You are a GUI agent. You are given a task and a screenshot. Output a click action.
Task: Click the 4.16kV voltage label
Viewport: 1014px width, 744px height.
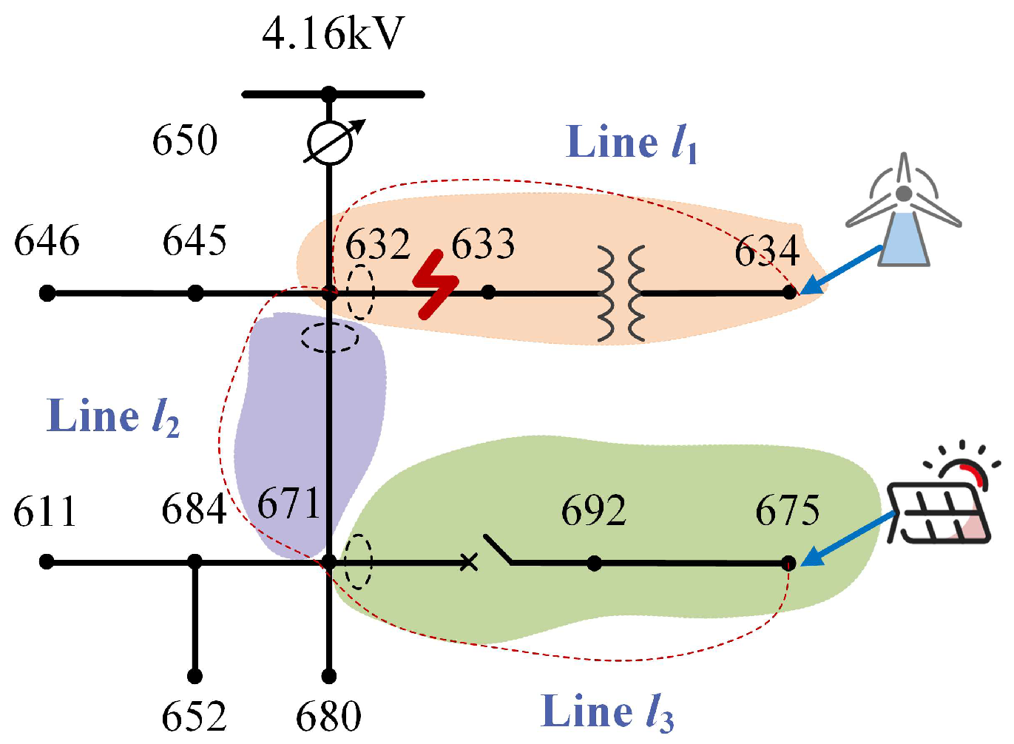333,34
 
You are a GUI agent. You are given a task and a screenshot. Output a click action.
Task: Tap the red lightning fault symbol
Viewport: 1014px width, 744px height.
436,284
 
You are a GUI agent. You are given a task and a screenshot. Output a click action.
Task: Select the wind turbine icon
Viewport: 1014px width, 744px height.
904,209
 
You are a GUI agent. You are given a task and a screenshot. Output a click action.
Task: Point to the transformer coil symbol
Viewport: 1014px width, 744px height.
621,294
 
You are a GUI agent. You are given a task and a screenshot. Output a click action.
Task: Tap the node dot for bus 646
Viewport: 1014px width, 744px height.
47,294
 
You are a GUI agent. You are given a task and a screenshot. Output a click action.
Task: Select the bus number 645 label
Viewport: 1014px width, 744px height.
195,240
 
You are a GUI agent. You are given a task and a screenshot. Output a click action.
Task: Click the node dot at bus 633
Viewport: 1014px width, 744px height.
488,292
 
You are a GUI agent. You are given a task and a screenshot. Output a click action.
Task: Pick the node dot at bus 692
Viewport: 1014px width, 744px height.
594,564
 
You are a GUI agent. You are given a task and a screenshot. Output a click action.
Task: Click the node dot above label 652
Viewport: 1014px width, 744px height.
195,677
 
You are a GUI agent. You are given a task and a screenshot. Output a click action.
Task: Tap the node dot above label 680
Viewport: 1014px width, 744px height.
329,677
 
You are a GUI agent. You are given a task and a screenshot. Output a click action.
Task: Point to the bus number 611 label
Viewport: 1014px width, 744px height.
44,512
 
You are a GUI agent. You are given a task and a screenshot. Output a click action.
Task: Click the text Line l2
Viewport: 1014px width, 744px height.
113,417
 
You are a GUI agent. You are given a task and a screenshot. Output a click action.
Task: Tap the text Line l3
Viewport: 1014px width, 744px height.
607,712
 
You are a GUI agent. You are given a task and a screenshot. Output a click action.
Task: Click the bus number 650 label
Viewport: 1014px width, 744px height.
185,140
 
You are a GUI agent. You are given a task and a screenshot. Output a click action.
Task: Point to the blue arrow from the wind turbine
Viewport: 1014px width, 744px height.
841,270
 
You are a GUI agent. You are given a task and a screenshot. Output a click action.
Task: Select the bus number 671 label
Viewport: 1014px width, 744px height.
288,503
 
